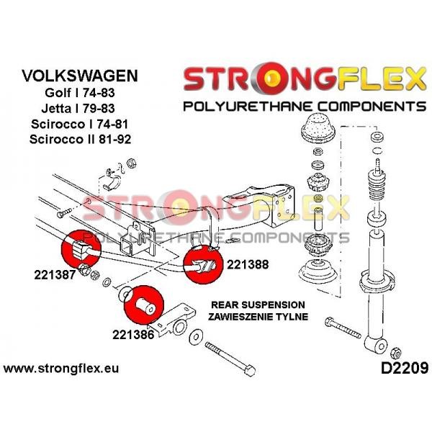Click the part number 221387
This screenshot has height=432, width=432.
55,275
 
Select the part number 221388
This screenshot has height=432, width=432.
248,264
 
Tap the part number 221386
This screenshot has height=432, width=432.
133,335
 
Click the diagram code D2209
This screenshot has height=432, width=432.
405,368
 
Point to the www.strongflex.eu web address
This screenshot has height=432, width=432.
61,368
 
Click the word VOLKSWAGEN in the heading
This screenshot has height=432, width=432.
80,76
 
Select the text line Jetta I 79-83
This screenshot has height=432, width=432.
78,108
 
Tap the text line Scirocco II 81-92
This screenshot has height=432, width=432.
80,139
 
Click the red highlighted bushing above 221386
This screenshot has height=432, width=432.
144,305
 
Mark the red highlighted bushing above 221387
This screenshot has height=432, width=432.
81,249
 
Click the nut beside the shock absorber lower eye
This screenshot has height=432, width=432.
395,353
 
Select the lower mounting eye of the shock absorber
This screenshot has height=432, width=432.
376,346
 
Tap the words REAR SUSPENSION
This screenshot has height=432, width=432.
258,305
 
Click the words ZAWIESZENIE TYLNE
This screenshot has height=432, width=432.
258,317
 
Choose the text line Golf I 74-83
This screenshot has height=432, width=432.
80,93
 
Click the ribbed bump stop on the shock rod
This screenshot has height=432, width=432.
377,187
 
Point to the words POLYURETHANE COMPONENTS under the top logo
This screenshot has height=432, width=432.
305,107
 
